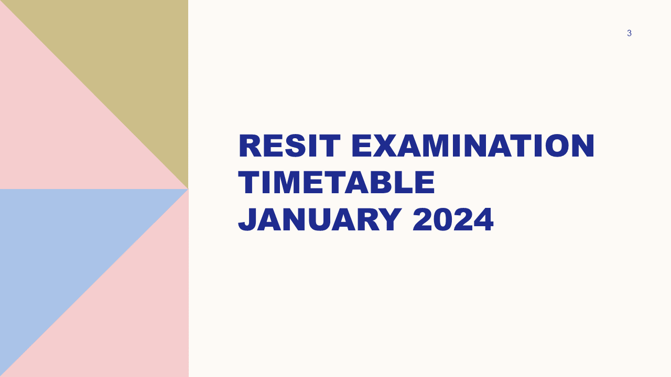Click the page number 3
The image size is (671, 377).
tap(629, 33)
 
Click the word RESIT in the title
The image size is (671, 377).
tap(289, 146)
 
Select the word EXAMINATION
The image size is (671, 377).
tap(473, 146)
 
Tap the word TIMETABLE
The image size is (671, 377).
tap(336, 183)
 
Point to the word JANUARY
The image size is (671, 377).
tap(320, 219)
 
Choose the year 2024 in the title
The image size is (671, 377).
tap(453, 219)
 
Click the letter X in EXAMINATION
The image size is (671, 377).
tap(384, 146)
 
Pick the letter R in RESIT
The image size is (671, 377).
tap(250, 146)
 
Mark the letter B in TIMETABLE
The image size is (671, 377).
tap(381, 183)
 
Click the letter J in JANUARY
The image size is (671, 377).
tap(247, 220)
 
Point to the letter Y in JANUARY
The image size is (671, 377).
tap(389, 219)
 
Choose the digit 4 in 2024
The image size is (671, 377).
tap(483, 219)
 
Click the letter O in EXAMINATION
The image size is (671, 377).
tap(557, 146)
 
